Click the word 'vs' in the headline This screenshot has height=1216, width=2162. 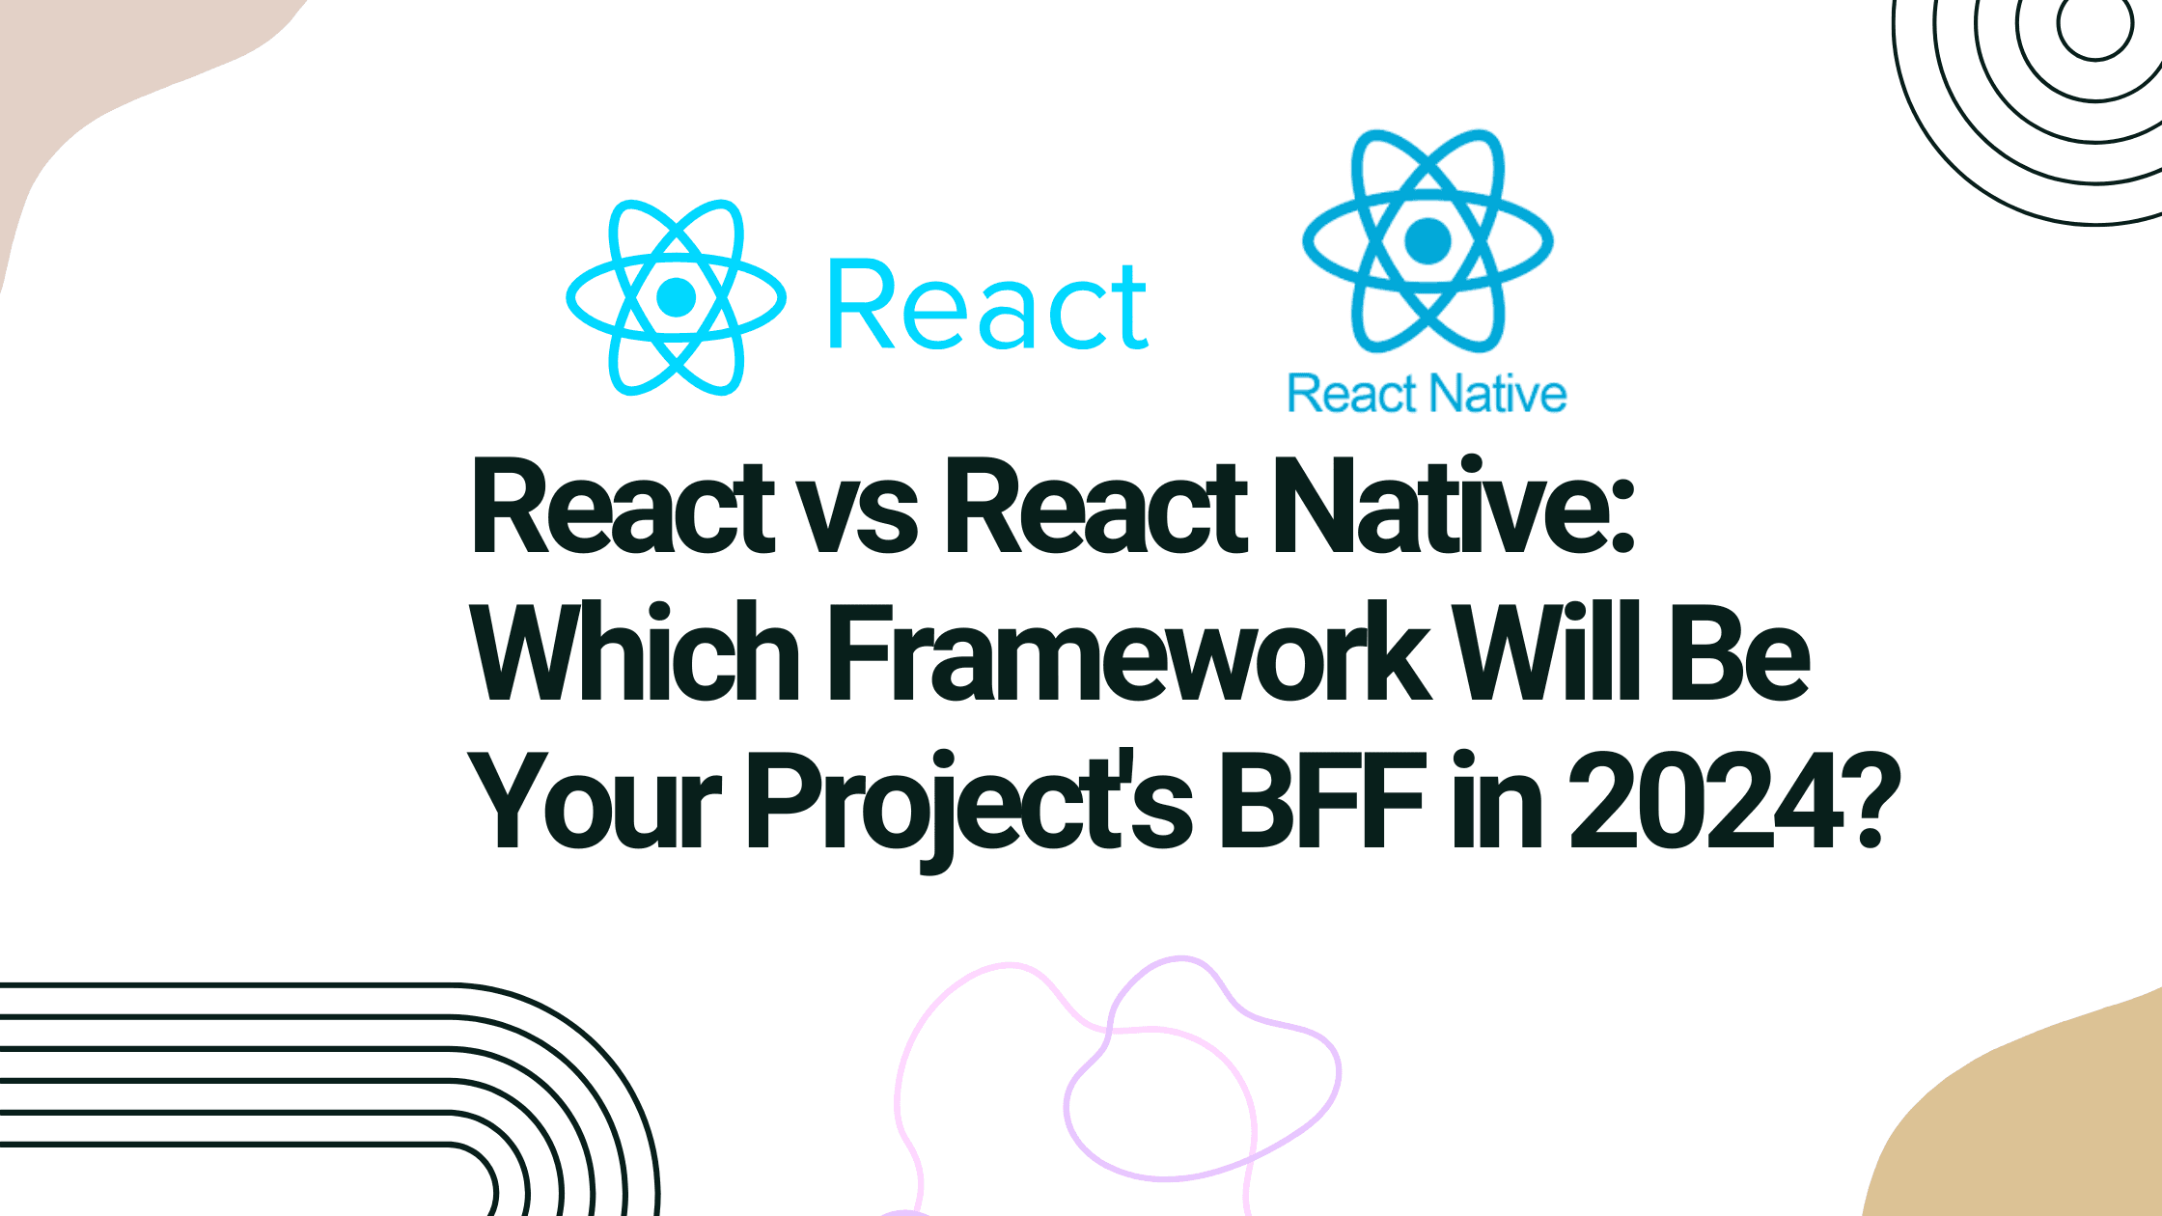[x=859, y=517]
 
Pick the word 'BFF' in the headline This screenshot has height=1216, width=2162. [x=1321, y=801]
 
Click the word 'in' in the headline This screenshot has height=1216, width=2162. [x=1497, y=800]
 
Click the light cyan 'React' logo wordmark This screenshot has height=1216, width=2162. [x=988, y=304]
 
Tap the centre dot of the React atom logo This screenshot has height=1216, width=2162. [x=676, y=297]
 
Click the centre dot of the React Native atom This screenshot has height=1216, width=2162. [x=1428, y=240]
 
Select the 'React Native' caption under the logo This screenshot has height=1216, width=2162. [x=1427, y=394]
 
